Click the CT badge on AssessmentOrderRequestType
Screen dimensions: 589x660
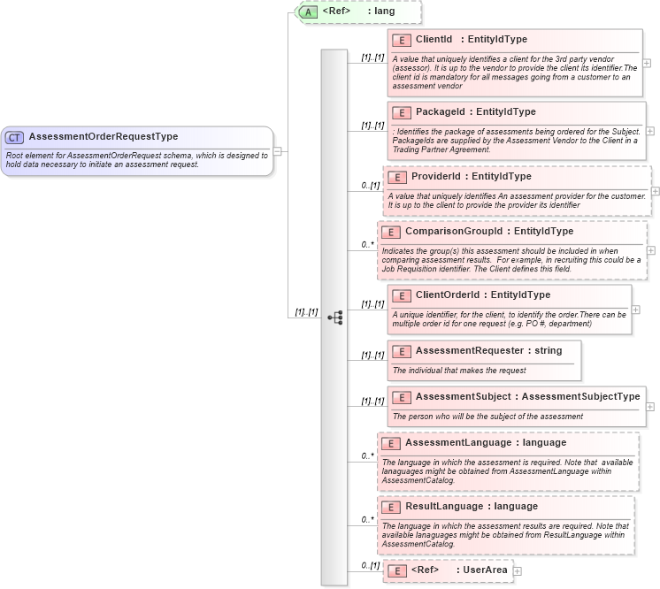coord(15,137)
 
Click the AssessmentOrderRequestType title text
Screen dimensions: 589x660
coord(104,137)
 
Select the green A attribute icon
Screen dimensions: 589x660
coord(307,11)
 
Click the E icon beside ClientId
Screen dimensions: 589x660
coord(401,40)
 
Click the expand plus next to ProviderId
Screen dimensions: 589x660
coord(656,190)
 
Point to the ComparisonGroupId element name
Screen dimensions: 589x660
coord(451,232)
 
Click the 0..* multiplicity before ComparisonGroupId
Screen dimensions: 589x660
coord(367,244)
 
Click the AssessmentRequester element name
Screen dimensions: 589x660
coord(469,351)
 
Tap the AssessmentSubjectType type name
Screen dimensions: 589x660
coord(580,397)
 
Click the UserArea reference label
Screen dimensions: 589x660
coord(486,570)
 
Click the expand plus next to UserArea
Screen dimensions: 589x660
coord(518,571)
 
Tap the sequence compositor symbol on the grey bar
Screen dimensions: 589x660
coord(334,317)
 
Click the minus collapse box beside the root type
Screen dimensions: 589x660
coord(278,151)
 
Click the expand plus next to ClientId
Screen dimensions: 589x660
coord(647,63)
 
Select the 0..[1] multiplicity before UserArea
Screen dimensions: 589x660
coord(370,565)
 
